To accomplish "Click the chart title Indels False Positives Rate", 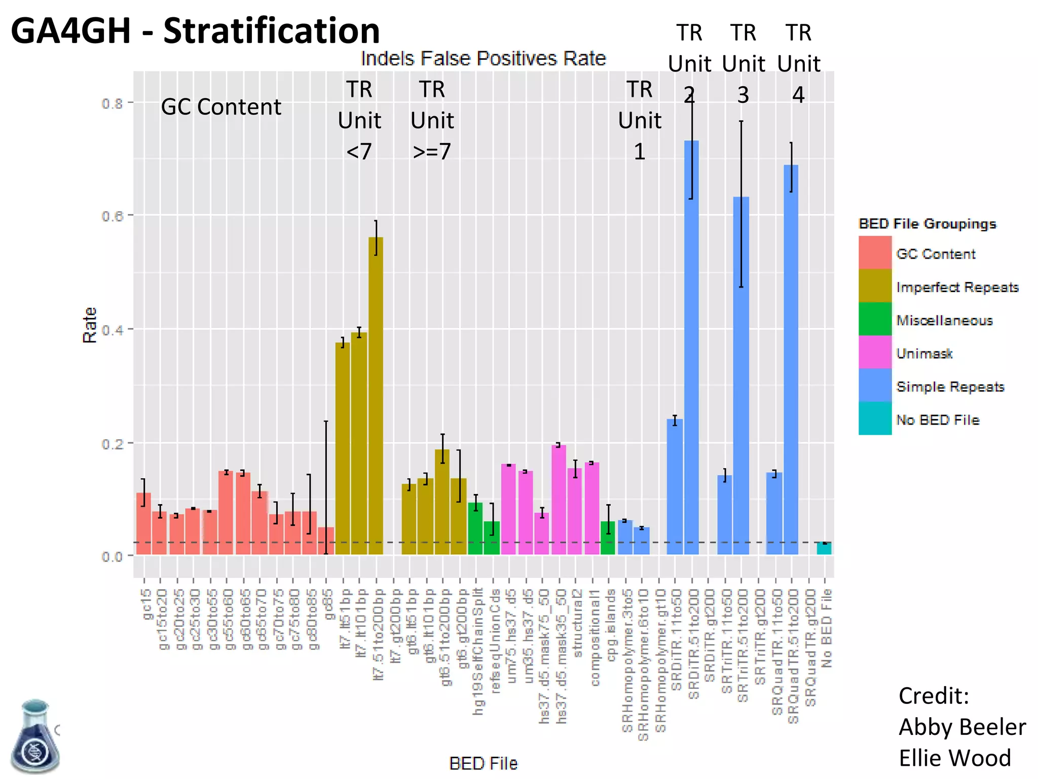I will [x=483, y=59].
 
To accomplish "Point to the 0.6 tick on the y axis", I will [x=113, y=216].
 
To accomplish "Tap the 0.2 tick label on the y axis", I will [x=113, y=444].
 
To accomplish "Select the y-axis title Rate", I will [x=90, y=325].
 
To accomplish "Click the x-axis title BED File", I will [x=483, y=763].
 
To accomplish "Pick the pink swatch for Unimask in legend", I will [x=875, y=352].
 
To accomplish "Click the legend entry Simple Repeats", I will [x=950, y=387].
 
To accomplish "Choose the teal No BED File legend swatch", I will [x=875, y=418].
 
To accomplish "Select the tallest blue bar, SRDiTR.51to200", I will [x=691, y=355].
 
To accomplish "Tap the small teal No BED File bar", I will [x=824, y=548].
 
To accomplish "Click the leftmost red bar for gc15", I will [x=143, y=525].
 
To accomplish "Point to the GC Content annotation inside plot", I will [x=221, y=107].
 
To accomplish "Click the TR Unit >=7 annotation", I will [x=432, y=121].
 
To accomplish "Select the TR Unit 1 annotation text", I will [x=639, y=121].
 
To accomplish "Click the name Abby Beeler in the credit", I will [x=961, y=727].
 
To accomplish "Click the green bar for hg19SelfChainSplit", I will [x=475, y=528].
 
